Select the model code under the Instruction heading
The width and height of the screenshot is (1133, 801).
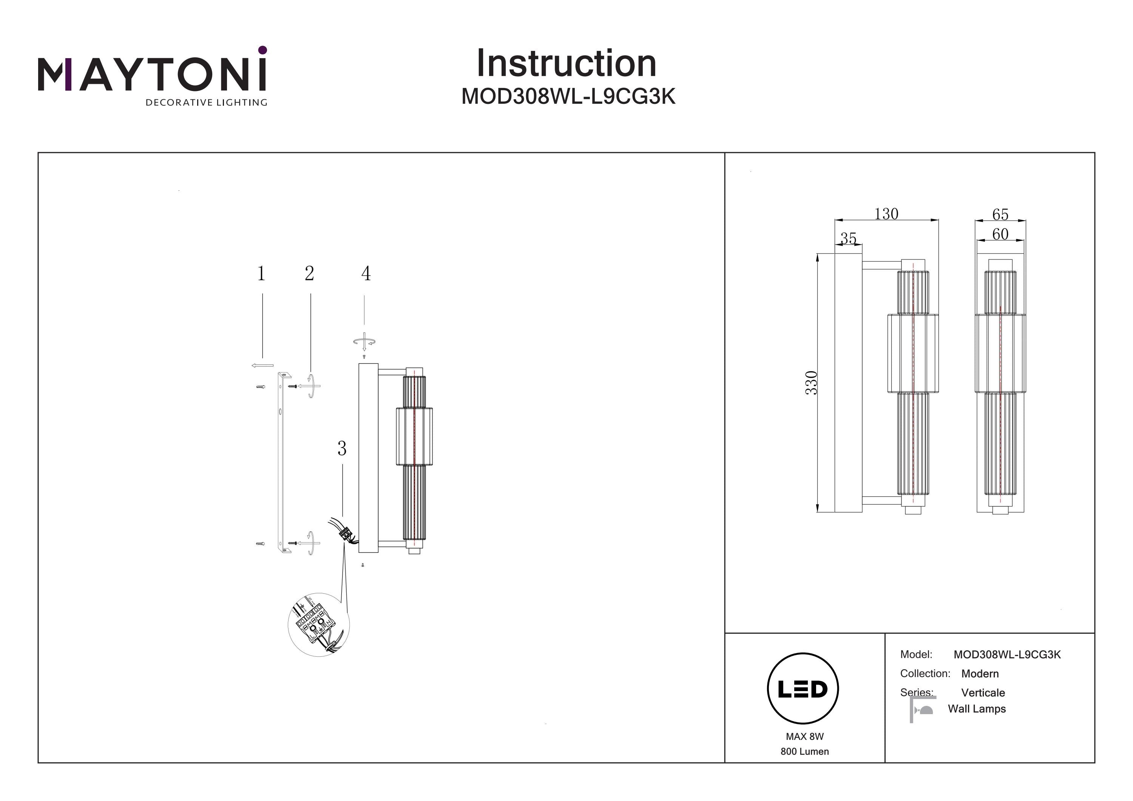tap(568, 97)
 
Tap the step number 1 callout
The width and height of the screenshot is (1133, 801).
tap(261, 273)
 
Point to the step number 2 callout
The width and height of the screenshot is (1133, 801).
tap(309, 273)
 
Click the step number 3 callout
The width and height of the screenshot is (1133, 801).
tap(342, 449)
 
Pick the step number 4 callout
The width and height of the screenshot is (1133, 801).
tap(366, 273)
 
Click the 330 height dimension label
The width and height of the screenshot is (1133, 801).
tap(811, 383)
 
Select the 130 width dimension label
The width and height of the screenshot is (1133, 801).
tap(886, 214)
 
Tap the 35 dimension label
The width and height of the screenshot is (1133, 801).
tap(848, 238)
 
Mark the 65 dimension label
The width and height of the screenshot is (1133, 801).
tap(1000, 215)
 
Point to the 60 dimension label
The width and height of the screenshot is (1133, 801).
tap(1000, 234)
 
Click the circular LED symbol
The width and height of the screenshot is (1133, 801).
tap(803, 688)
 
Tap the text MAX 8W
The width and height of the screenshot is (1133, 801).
tap(804, 736)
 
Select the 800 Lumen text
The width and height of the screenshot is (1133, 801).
tap(804, 752)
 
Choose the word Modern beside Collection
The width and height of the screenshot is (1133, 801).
tap(980, 674)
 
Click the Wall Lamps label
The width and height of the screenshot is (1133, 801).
tap(977, 709)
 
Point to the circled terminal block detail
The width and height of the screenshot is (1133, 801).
tap(319, 625)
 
